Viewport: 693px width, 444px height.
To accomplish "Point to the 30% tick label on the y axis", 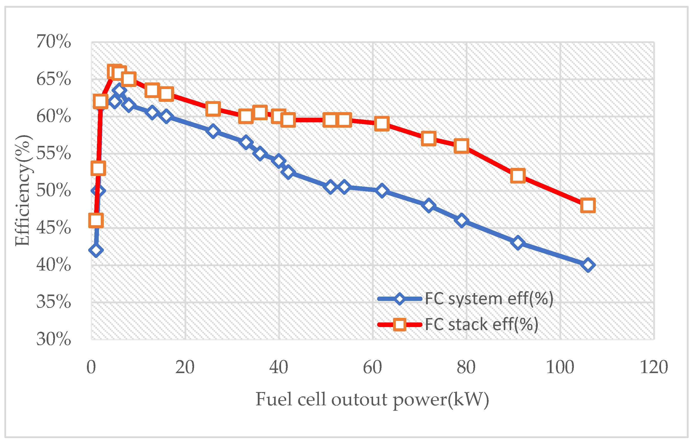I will click(54, 339).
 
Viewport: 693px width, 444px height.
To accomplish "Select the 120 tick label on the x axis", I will click(654, 367).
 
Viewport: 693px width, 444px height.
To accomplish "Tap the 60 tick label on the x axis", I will click(372, 367).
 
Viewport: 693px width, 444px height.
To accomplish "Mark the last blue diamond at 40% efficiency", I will click(588, 265).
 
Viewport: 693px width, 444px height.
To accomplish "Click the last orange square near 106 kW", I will click(588, 205).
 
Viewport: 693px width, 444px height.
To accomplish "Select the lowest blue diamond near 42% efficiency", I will click(96, 250).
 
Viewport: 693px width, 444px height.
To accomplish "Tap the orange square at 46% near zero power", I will click(96, 221).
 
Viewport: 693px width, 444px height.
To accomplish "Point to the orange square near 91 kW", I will click(518, 176).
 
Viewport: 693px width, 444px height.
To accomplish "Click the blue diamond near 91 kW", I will click(518, 242).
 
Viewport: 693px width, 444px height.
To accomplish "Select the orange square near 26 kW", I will click(213, 109).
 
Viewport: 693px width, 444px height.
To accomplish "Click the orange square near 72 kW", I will click(429, 138).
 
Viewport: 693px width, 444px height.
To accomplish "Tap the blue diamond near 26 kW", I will click(213, 131).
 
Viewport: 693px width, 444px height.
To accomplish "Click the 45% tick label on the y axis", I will click(54, 228).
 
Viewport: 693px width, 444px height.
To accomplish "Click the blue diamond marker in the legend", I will click(399, 299).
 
